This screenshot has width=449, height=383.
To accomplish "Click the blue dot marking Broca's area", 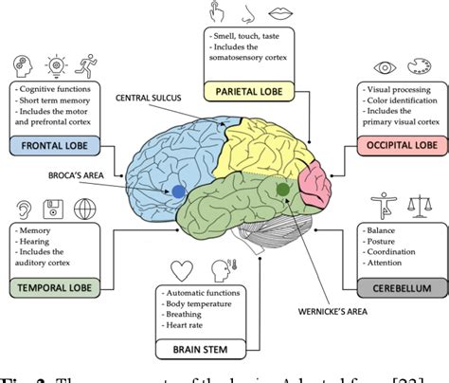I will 178,191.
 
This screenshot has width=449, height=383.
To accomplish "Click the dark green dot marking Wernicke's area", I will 282,190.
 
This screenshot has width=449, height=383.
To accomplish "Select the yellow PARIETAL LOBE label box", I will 249,91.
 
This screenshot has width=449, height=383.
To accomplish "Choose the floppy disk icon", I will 56,208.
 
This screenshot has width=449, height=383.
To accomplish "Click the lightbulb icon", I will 56,66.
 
